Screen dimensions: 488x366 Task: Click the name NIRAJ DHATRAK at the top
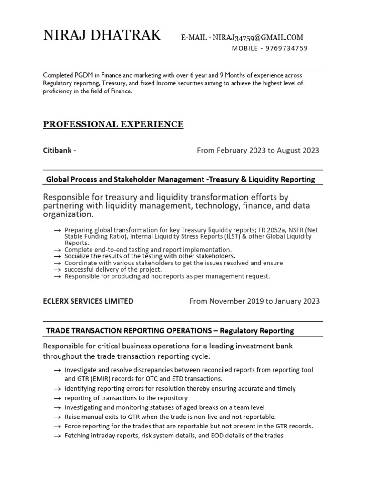coord(102,35)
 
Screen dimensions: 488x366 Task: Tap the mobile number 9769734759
coord(287,48)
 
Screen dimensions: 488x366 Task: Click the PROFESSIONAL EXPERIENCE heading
coord(113,124)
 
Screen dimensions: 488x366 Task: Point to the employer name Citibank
coord(57,151)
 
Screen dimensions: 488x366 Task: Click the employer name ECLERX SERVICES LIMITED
coord(88,301)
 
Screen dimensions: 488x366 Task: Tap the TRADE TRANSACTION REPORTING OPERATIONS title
coord(127,330)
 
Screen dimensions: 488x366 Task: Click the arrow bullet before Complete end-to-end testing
coord(57,250)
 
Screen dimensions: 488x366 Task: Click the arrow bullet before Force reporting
coord(57,427)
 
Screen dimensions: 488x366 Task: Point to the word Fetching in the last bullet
coord(78,436)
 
